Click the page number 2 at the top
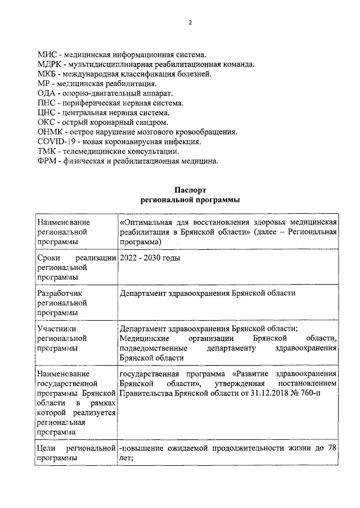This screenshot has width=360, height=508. tap(190, 23)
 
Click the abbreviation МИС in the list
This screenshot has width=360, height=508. tap(47, 55)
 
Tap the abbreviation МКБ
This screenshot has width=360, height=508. tap(47, 74)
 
